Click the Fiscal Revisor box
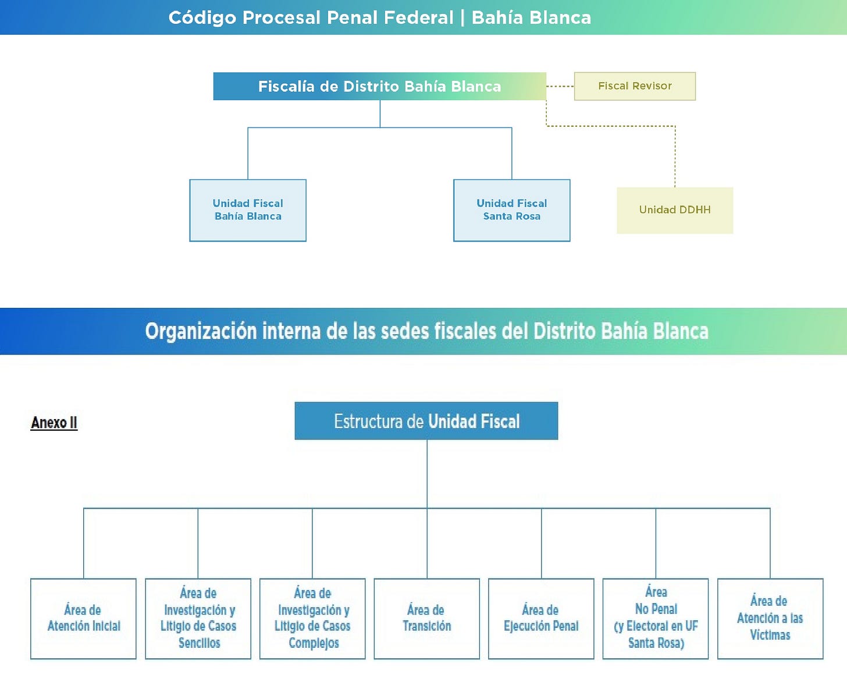[x=635, y=86]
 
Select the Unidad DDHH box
[x=675, y=210]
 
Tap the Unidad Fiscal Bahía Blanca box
[x=248, y=210]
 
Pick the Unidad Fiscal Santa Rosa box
[x=511, y=210]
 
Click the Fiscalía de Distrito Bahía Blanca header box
[x=379, y=86]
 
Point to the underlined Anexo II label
[x=54, y=423]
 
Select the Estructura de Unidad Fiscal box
[x=426, y=421]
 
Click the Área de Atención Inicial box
[x=83, y=619]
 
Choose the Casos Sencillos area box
[x=198, y=619]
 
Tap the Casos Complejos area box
[x=312, y=619]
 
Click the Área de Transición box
[x=426, y=619]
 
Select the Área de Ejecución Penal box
[x=541, y=619]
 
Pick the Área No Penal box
[x=656, y=619]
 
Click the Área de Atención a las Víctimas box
[x=770, y=619]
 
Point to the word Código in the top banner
[x=202, y=18]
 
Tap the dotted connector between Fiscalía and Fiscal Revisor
[x=560, y=86]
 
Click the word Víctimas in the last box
[x=770, y=635]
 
